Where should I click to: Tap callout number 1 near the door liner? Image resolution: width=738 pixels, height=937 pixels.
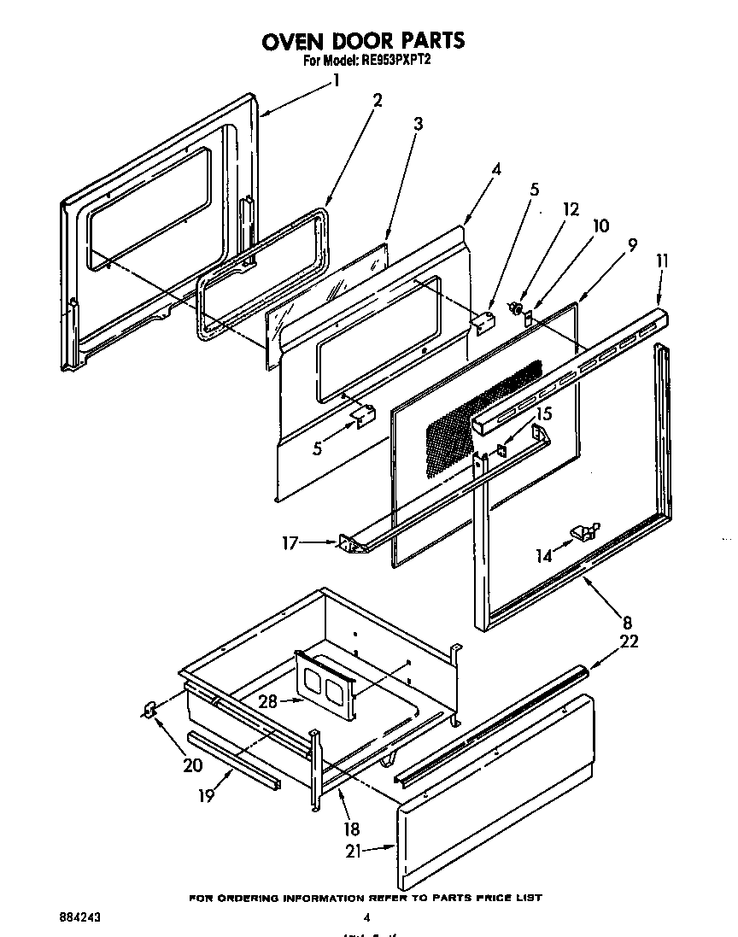point(336,81)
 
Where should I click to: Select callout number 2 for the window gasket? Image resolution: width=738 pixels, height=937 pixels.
point(377,99)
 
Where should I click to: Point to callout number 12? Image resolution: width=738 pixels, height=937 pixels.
point(571,208)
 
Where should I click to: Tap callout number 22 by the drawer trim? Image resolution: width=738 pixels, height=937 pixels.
point(630,642)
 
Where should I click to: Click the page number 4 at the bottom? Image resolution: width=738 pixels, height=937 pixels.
point(366,918)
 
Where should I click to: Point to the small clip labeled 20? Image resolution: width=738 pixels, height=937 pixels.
point(149,709)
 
